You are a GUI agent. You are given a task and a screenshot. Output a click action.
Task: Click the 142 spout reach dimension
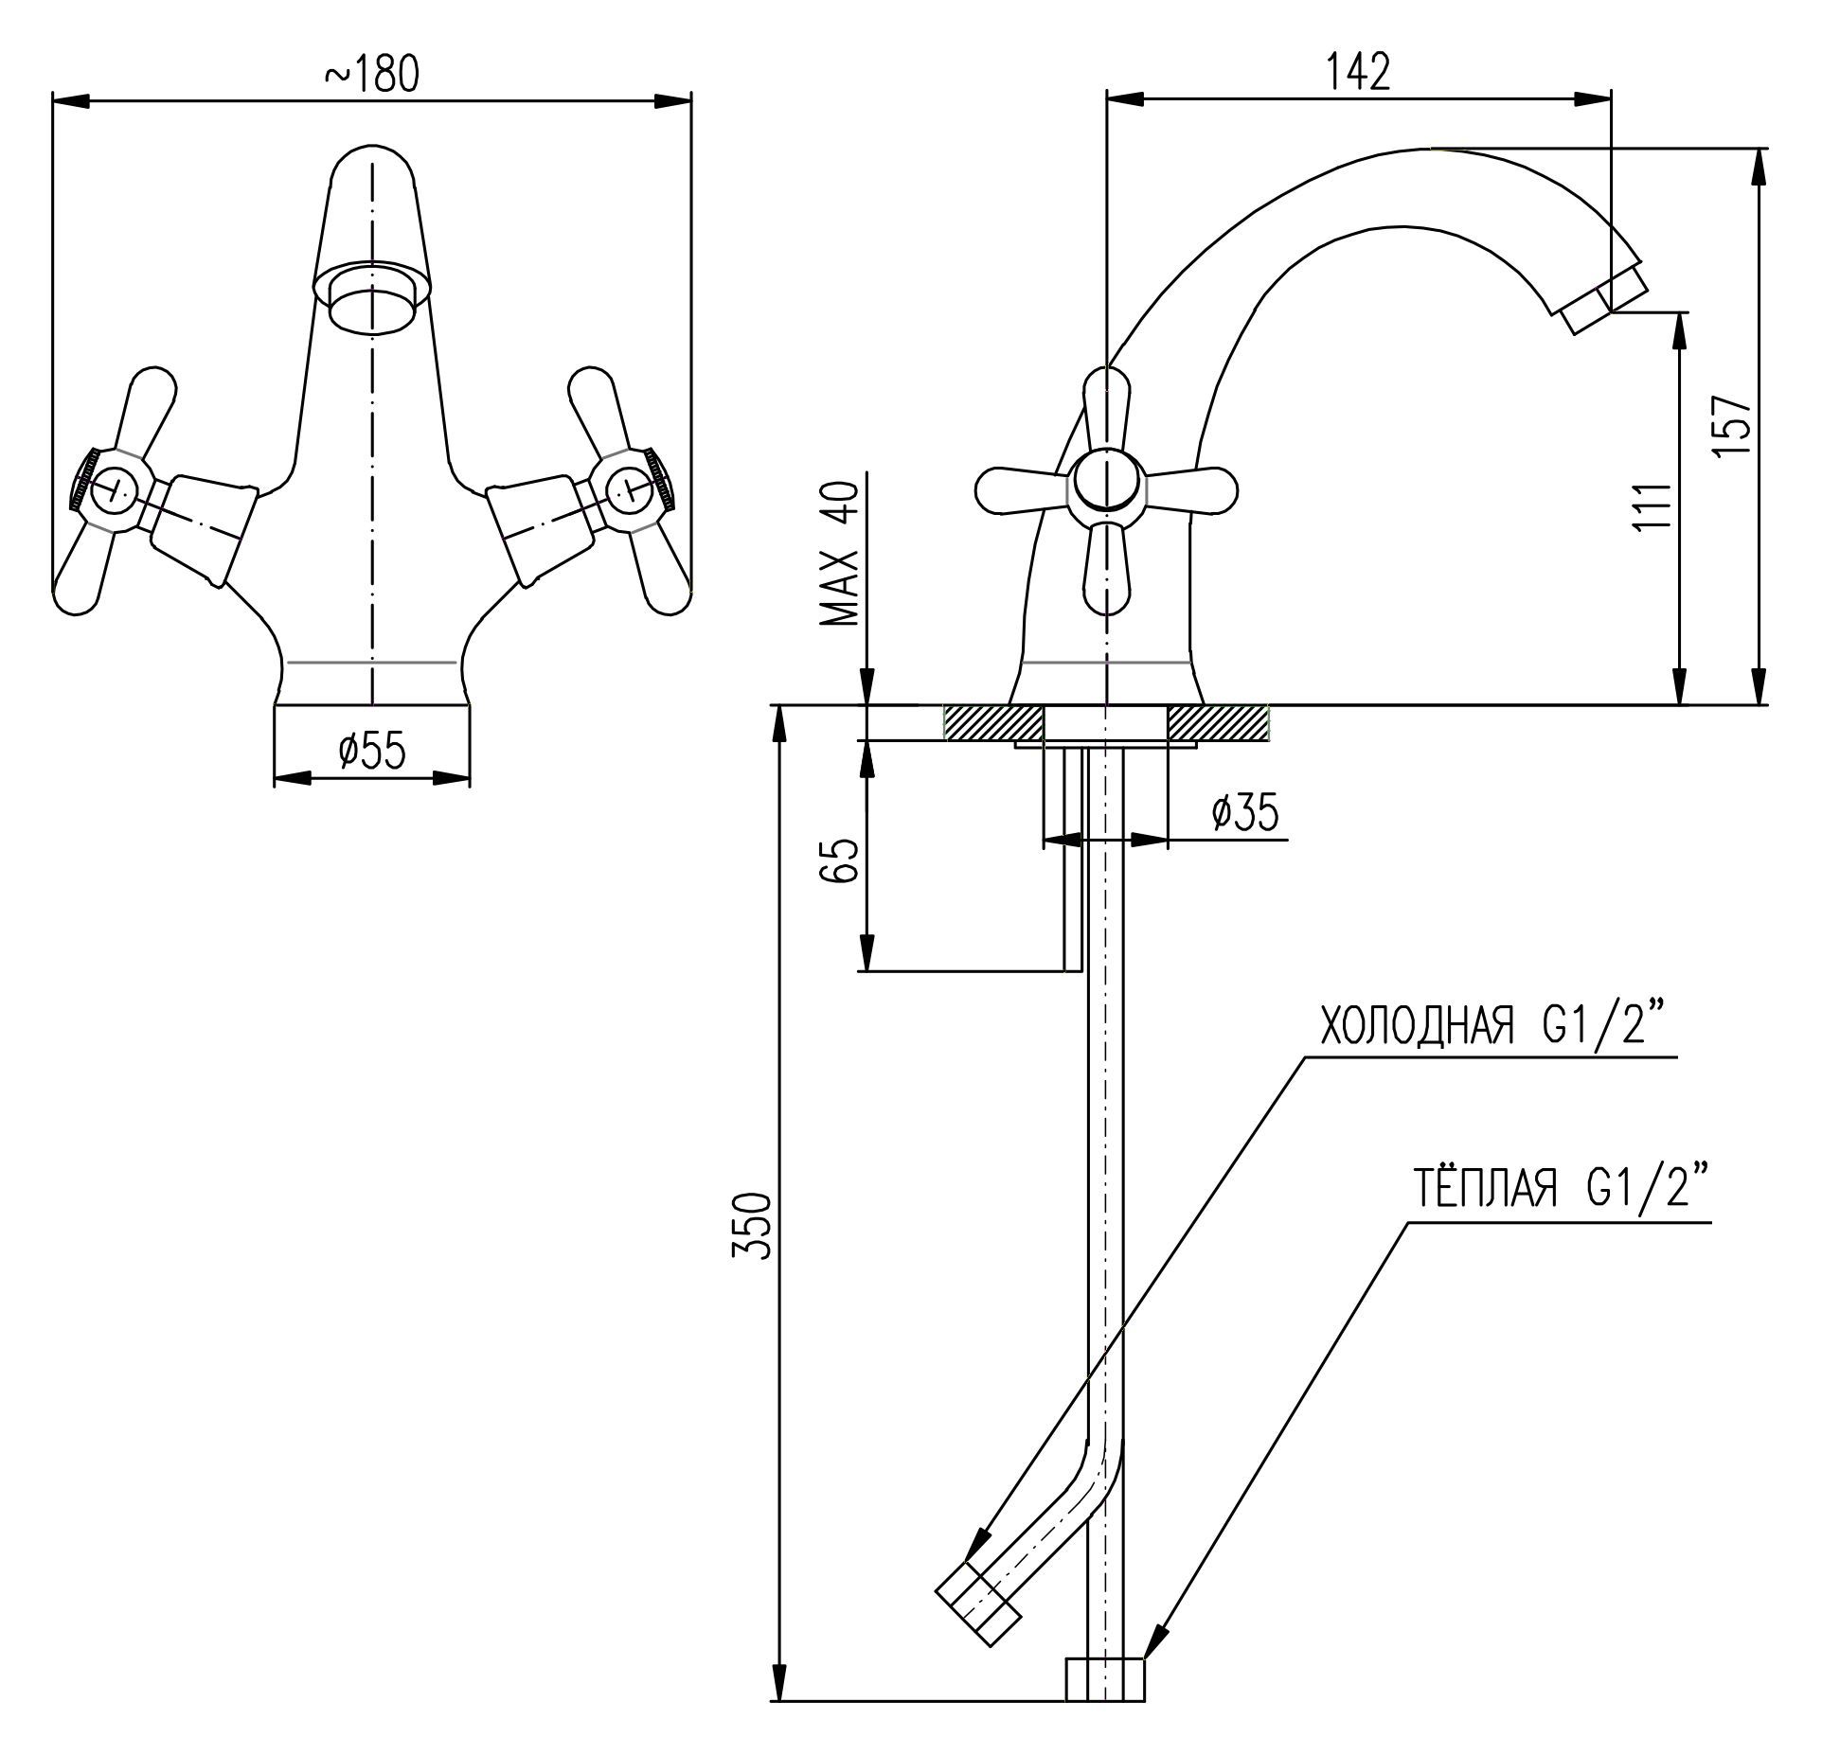[x=1359, y=73]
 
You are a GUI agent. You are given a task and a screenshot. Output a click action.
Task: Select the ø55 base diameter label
[x=372, y=751]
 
